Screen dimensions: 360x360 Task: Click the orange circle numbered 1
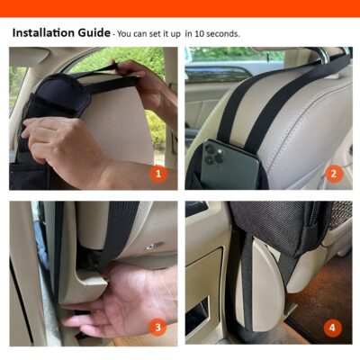click(158, 173)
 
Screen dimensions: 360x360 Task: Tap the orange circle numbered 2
click(333, 173)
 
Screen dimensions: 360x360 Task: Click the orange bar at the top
click(180, 7)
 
